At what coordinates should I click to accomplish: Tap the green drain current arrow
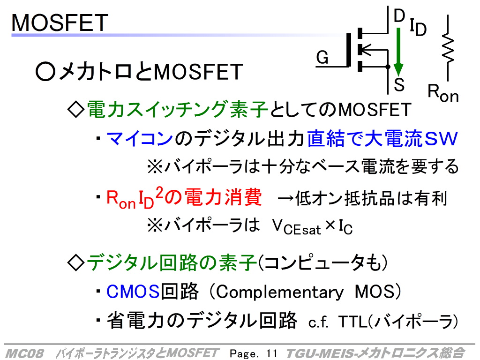click(x=398, y=52)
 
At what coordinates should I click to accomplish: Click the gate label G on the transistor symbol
click(x=322, y=57)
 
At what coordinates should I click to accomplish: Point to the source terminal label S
click(x=399, y=84)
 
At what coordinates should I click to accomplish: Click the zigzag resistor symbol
click(x=448, y=48)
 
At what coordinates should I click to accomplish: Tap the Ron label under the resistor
click(x=443, y=93)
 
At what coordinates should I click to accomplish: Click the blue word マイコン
click(x=140, y=138)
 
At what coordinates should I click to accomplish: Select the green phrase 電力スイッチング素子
click(x=178, y=109)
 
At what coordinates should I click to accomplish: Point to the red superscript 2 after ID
click(x=159, y=193)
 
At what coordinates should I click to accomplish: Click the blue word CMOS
click(x=133, y=292)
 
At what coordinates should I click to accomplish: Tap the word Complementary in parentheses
click(x=279, y=292)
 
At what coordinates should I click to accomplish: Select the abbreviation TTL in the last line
click(x=352, y=322)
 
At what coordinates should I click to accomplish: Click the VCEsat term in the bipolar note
click(x=296, y=228)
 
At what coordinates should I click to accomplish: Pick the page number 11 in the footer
click(x=271, y=353)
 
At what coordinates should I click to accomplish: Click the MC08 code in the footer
click(x=25, y=353)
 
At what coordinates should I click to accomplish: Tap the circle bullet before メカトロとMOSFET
click(x=45, y=72)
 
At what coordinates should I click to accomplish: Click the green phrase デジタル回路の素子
click(x=172, y=263)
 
